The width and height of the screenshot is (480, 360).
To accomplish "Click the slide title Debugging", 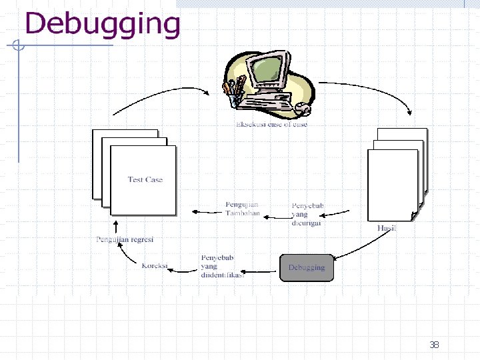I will tap(103, 24).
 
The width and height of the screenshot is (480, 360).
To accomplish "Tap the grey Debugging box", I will tap(307, 267).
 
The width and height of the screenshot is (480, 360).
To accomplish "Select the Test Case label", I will tap(145, 179).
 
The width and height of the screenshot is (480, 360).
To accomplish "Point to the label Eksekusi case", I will tap(271, 124).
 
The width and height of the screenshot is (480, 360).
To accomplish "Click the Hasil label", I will tap(387, 228).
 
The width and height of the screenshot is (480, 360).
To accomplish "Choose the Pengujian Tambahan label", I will tap(243, 209).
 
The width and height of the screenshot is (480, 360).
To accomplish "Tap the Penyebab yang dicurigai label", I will tap(307, 214).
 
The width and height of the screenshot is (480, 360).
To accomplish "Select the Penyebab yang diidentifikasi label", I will tap(222, 266).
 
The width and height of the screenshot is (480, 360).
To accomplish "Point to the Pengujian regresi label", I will tap(125, 239).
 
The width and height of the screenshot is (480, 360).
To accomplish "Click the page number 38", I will tap(434, 345).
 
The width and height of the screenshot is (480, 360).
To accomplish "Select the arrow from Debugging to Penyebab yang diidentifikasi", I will tap(259, 271).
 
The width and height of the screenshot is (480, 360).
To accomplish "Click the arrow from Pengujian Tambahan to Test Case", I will tap(207, 212).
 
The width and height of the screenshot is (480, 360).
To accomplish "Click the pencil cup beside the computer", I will tap(234, 91).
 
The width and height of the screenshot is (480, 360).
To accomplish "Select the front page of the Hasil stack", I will tap(393, 185).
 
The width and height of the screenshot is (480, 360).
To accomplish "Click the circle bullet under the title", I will tap(18, 46).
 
